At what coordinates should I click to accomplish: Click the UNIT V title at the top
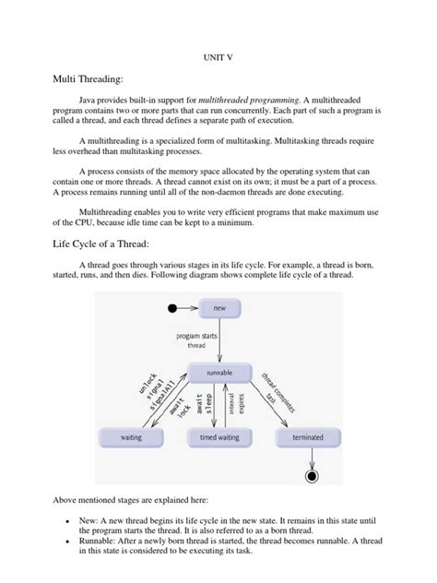[218, 56]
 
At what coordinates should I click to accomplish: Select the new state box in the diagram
[219, 306]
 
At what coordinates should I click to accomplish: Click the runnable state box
[219, 372]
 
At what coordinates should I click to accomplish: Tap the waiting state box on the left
[131, 437]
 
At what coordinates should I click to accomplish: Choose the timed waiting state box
[220, 437]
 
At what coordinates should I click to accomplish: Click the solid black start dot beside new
[171, 306]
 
